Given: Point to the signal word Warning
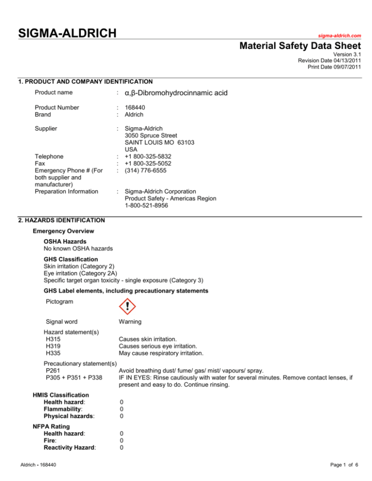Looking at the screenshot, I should point(132,325).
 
